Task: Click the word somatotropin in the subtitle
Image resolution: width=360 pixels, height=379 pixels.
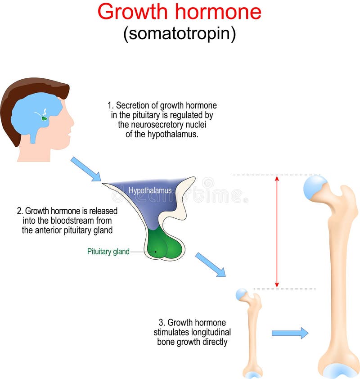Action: coord(180,34)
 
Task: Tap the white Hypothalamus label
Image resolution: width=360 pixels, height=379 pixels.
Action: coord(150,190)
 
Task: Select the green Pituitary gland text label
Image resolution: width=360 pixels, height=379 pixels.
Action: coord(108,252)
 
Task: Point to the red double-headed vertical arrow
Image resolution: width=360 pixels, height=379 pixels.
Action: coord(277,231)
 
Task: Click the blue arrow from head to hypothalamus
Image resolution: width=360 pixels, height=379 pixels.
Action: coord(85,169)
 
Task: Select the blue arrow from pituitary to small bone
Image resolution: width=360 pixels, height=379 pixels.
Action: coord(210,265)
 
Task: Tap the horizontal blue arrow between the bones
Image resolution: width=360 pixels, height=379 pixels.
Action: coord(290,333)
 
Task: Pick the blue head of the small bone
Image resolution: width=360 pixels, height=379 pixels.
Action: coord(242,295)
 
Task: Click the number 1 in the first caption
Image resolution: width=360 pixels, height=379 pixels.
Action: coord(109,106)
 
